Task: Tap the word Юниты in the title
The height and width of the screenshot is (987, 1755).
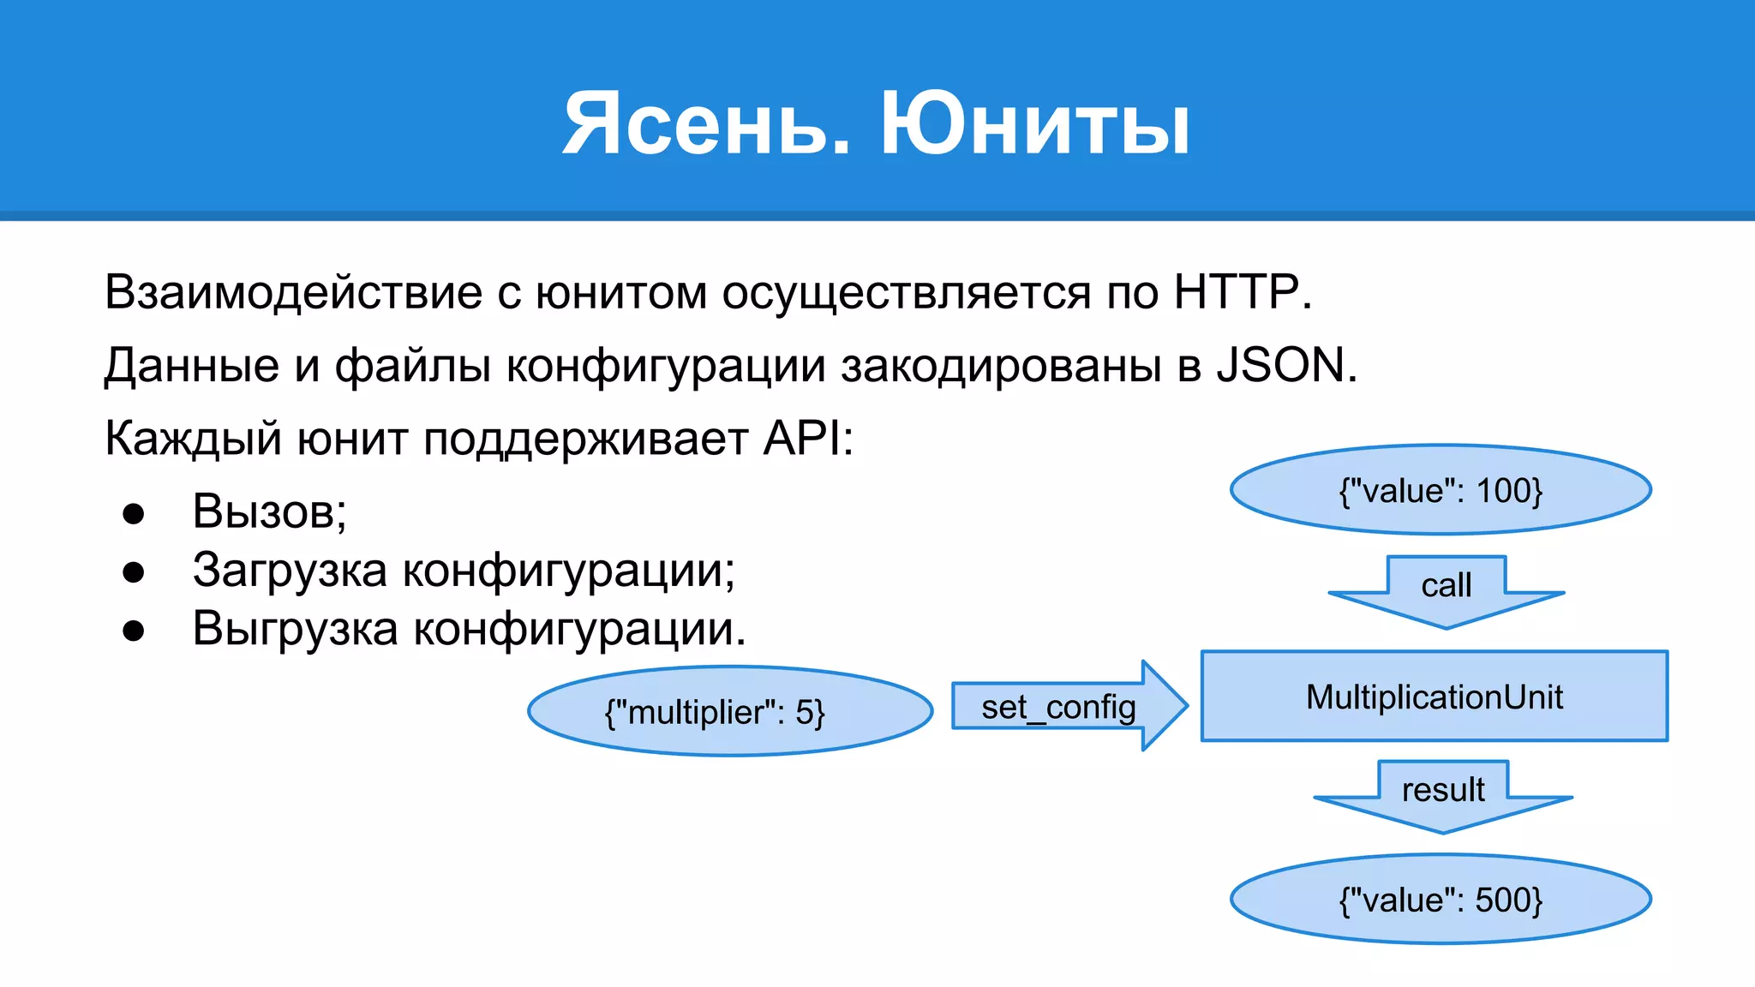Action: point(1035,125)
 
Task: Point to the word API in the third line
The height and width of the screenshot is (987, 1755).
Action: point(801,439)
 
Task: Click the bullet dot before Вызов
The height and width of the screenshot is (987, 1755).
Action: point(134,513)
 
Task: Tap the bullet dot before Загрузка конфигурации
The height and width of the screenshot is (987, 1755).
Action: point(134,572)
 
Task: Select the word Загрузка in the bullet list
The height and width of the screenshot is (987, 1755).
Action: point(290,571)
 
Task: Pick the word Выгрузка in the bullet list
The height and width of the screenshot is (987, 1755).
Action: point(295,629)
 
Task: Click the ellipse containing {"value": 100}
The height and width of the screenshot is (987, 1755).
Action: point(1441,490)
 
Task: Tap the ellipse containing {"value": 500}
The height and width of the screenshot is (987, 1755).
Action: point(1441,900)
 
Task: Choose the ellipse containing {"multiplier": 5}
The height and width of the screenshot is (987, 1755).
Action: point(730,712)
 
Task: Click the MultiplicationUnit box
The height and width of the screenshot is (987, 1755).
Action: point(1434,697)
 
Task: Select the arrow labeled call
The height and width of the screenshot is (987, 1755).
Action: point(1447,591)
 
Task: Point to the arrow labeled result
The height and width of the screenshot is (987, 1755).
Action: point(1443,795)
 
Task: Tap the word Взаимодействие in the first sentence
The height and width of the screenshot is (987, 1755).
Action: point(293,292)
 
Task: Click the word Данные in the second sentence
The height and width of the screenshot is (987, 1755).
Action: point(191,366)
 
